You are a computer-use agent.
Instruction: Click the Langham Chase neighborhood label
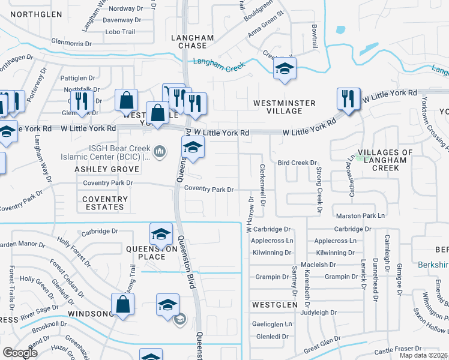[x=192, y=42]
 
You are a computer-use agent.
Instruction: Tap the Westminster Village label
[x=284, y=107]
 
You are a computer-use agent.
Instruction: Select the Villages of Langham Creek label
[x=385, y=160]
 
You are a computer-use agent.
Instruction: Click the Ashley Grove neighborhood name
[x=98, y=170]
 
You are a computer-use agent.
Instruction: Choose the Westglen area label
[x=274, y=305]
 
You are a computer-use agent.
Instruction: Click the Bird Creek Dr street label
[x=297, y=163]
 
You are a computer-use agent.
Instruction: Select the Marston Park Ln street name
[x=360, y=215]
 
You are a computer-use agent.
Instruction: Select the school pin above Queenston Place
[x=161, y=234]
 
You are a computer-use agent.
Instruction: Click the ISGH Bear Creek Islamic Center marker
[x=160, y=151]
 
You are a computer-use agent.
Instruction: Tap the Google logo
[x=20, y=352]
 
